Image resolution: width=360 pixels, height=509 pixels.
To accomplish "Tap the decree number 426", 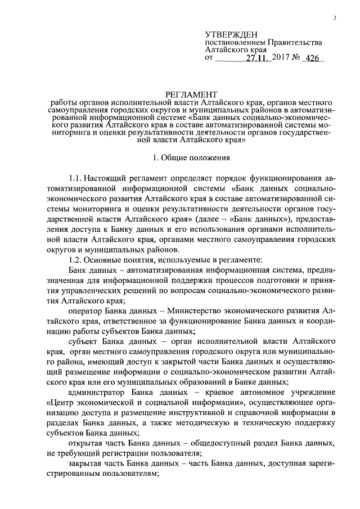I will coord(314,58).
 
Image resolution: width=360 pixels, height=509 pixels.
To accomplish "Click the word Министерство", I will coord(189,311).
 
